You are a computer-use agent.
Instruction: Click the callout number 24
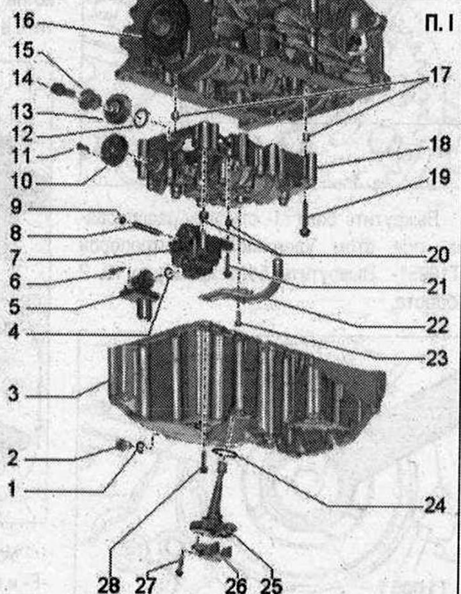433,506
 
